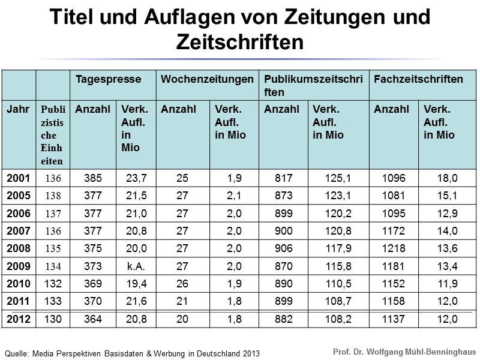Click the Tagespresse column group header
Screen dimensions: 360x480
(108, 79)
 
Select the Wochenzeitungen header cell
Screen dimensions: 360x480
(207, 79)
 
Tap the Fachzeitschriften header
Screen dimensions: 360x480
(418, 79)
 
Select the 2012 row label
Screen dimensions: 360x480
(17, 320)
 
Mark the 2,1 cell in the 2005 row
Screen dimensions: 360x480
(234, 196)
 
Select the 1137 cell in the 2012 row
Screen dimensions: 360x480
(393, 320)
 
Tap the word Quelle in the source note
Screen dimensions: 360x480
(17, 353)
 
